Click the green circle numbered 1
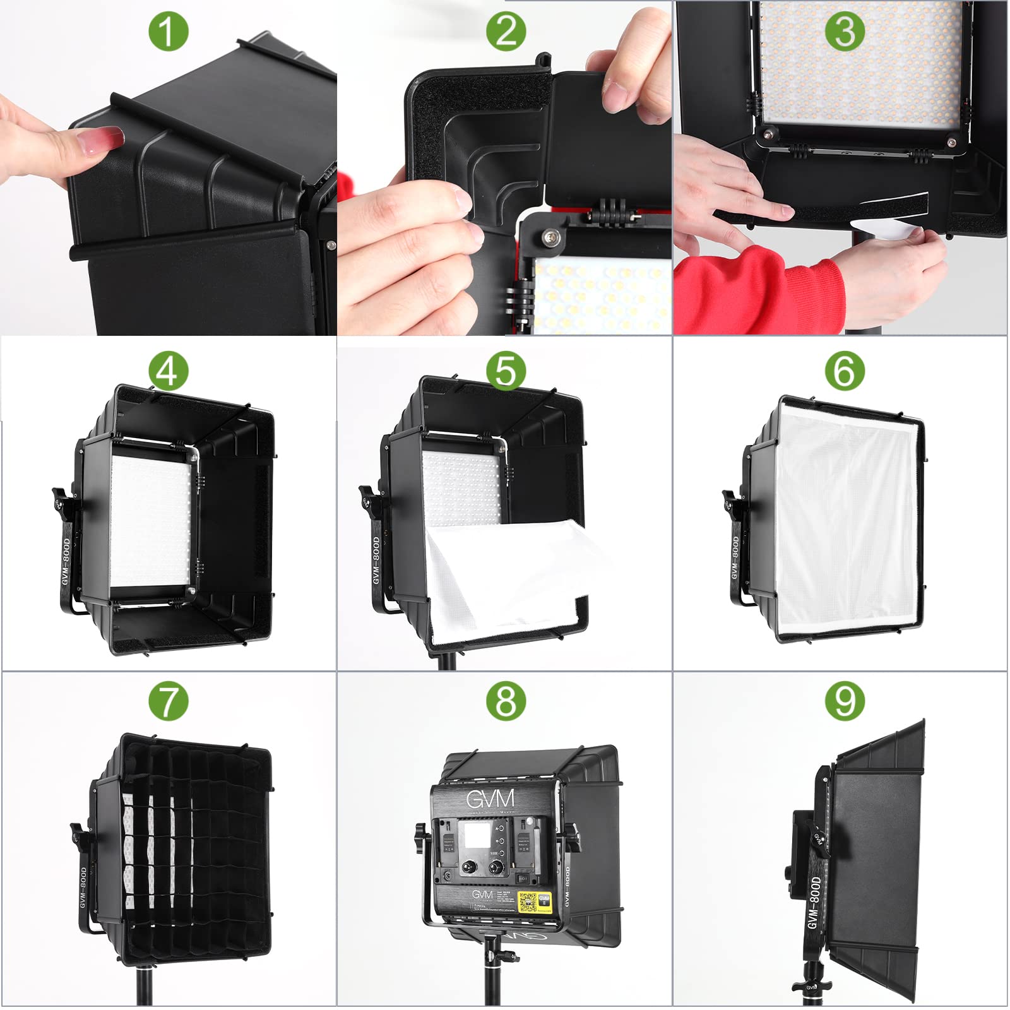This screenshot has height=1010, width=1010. click(169, 32)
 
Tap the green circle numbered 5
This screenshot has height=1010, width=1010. click(506, 370)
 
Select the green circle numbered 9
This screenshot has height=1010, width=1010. click(845, 701)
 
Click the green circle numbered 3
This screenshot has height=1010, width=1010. click(845, 32)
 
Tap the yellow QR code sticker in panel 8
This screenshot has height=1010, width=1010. click(535, 901)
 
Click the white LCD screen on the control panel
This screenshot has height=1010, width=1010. click(477, 835)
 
